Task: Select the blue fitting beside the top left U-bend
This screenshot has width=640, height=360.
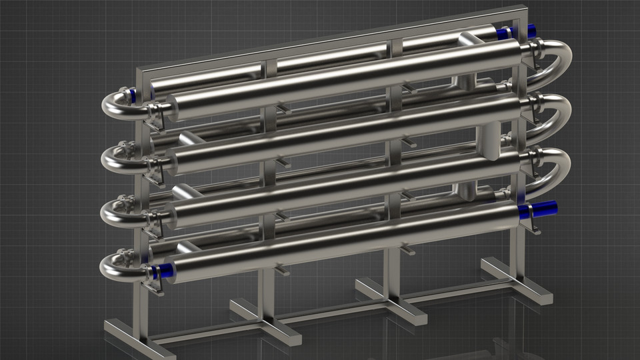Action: point(133,95)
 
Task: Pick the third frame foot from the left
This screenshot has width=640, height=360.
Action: point(391,301)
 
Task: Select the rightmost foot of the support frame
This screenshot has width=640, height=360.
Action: point(517,281)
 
